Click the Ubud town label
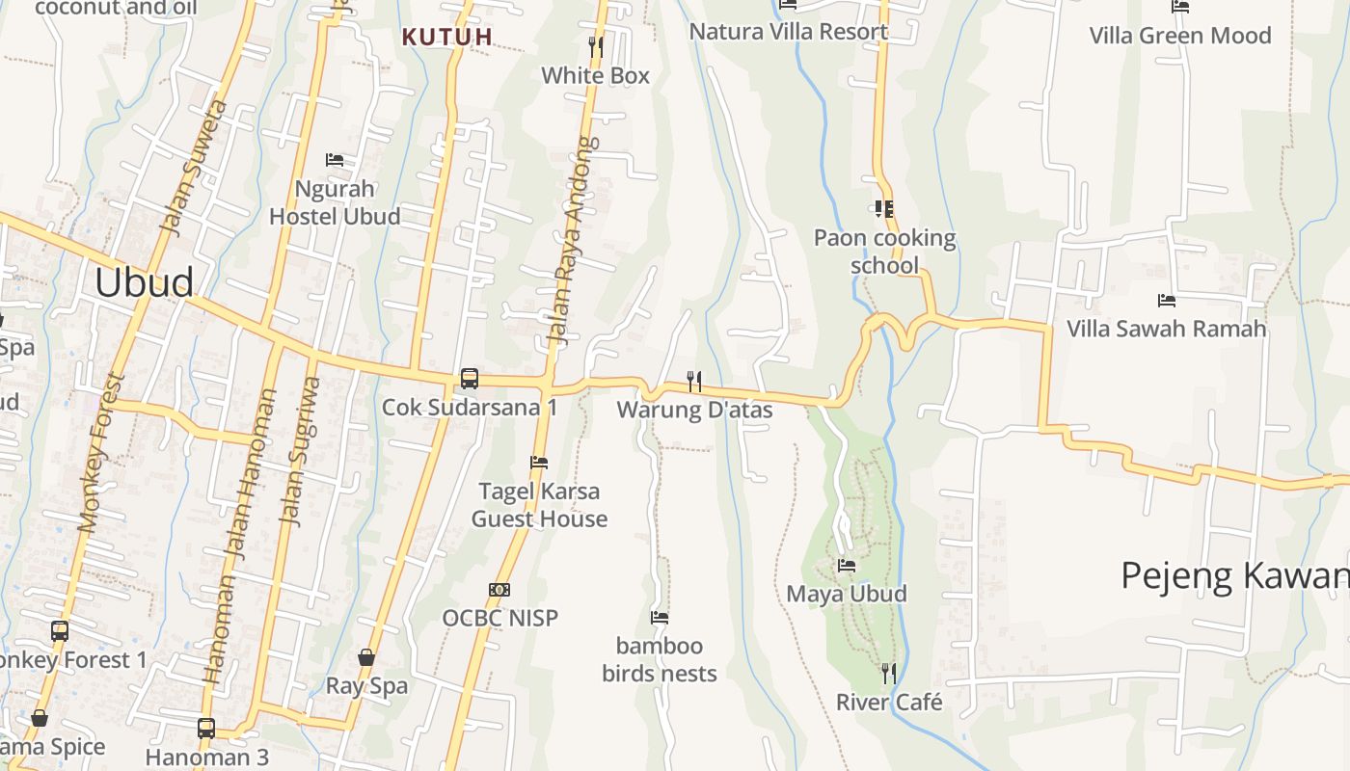144,281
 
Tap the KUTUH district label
447,37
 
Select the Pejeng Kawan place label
1234,575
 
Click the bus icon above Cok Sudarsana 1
470,379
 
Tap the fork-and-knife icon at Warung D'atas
694,382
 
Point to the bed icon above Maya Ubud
847,566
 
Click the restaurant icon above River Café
888,673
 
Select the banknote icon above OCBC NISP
499,590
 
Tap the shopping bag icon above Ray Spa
366,658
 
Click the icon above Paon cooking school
884,209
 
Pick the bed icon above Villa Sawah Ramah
1167,301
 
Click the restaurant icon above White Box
596,46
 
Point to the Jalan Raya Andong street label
572,241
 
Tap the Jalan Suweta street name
194,168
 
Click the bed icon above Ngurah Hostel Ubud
335,160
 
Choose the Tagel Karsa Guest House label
539,505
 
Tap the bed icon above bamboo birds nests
660,618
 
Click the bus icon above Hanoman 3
206,728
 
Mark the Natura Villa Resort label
789,32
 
